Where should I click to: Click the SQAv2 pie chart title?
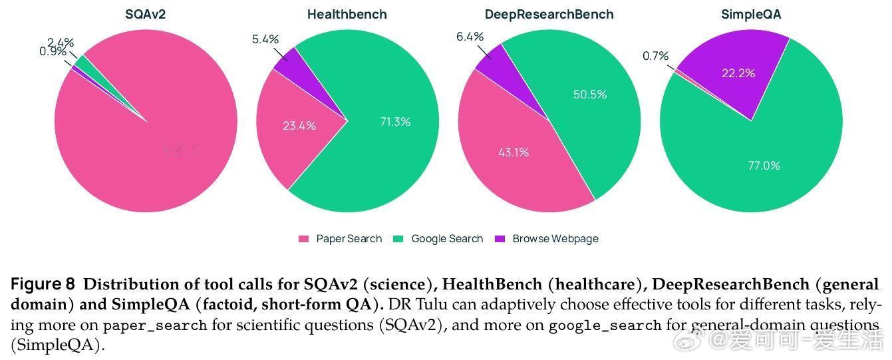tap(145, 14)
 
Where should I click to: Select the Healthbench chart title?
tap(347, 14)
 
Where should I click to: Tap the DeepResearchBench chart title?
tap(549, 14)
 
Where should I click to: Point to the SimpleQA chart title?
tap(751, 14)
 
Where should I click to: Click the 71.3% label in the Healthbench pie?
tap(395, 122)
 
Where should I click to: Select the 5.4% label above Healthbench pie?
tap(265, 39)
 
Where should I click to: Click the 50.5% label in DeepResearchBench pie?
tap(590, 94)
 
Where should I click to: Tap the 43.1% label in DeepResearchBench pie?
tap(514, 152)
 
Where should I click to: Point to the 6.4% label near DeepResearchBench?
tap(470, 37)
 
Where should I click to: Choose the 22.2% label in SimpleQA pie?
tap(738, 73)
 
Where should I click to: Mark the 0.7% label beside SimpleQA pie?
tap(655, 56)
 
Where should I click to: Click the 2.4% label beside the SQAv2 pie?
tap(60, 43)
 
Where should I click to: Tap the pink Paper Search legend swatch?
tap(304, 239)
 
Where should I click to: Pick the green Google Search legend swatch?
tap(399, 239)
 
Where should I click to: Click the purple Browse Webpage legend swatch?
tap(500, 239)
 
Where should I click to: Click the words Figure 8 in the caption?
tap(43, 285)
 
